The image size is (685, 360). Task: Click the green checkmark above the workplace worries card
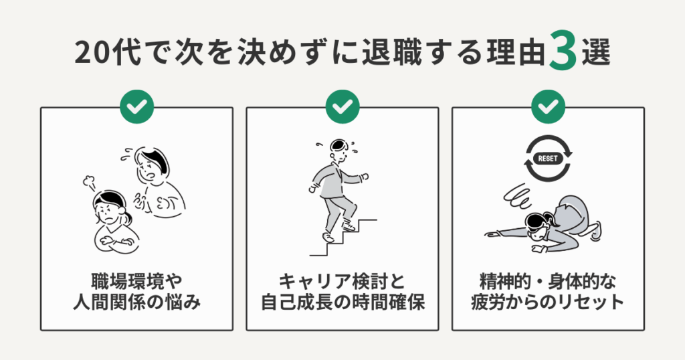pyautogui.click(x=136, y=106)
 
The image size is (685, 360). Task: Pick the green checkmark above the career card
pyautogui.click(x=342, y=106)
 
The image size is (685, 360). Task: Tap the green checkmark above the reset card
pyautogui.click(x=548, y=106)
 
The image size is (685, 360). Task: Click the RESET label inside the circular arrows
pyautogui.click(x=547, y=160)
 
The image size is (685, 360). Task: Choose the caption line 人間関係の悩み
pyautogui.click(x=136, y=302)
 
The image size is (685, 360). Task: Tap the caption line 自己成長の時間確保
pyautogui.click(x=342, y=302)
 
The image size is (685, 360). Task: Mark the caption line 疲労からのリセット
pyautogui.click(x=548, y=302)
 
